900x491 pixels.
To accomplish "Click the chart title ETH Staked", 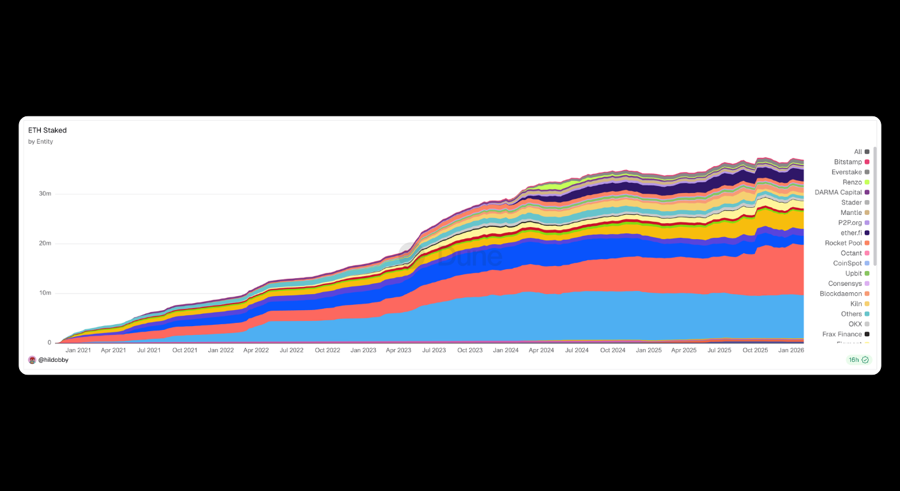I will pyautogui.click(x=47, y=130).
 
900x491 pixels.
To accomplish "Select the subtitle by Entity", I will pyautogui.click(x=40, y=142).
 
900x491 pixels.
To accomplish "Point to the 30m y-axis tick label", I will pyautogui.click(x=44, y=194).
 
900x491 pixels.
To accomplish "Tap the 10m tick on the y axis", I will pyautogui.click(x=44, y=293).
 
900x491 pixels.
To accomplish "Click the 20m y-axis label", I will pyautogui.click(x=44, y=244).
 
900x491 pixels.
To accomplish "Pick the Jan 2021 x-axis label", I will pyautogui.click(x=78, y=350).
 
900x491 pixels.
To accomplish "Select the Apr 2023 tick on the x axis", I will pyautogui.click(x=399, y=350).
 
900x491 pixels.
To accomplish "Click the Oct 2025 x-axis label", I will pyautogui.click(x=756, y=350).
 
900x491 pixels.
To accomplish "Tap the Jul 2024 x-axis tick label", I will pyautogui.click(x=577, y=350).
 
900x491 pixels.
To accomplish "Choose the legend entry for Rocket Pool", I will pyautogui.click(x=843, y=243).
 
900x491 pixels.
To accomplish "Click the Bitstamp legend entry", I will pyautogui.click(x=848, y=162).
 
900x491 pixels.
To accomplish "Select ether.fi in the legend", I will pyautogui.click(x=851, y=233).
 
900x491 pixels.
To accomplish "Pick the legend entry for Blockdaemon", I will pyautogui.click(x=841, y=293).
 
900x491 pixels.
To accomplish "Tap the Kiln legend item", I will pyautogui.click(x=856, y=304).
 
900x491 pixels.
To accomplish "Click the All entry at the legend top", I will pyautogui.click(x=858, y=152).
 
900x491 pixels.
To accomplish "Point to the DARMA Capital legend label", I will pyautogui.click(x=838, y=192).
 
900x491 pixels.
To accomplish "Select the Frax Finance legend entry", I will pyautogui.click(x=842, y=334).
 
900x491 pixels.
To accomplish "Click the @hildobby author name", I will pyautogui.click(x=53, y=360).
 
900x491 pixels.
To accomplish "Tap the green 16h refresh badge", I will pyautogui.click(x=858, y=360).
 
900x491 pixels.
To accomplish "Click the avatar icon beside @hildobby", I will pyautogui.click(x=32, y=360).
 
